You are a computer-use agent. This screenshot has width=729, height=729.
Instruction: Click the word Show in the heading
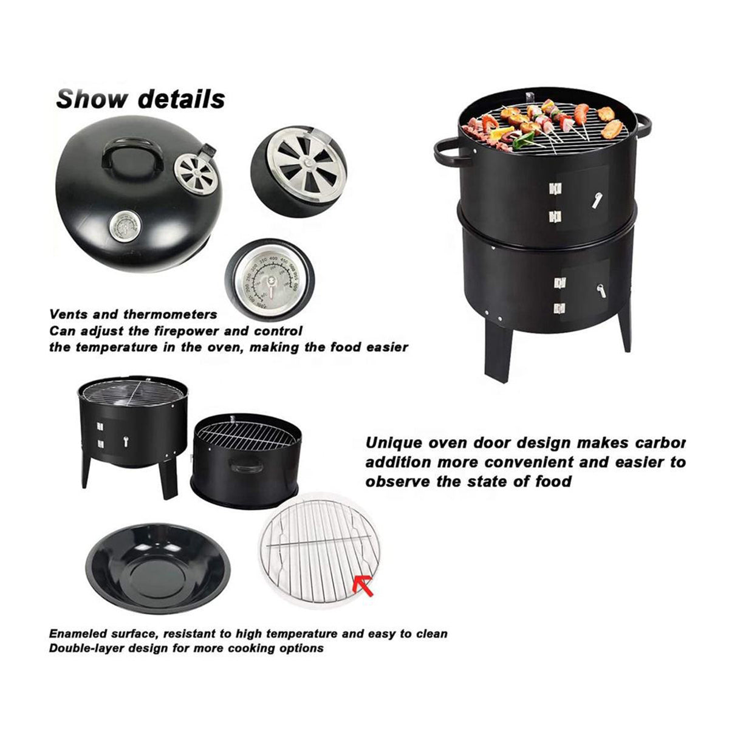coord(91,98)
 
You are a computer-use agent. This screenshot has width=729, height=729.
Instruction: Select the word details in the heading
coord(181,98)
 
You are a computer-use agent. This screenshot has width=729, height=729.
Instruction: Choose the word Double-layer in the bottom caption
coord(89,648)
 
